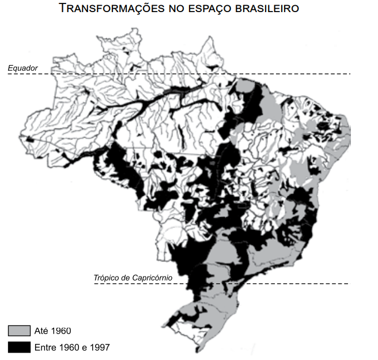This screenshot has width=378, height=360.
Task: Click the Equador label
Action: pyautogui.click(x=22, y=68)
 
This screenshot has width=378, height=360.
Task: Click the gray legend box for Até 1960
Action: pyautogui.click(x=19, y=331)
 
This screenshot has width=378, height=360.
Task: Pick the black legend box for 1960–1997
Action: pyautogui.click(x=19, y=347)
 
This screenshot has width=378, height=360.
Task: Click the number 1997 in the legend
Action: pyautogui.click(x=99, y=347)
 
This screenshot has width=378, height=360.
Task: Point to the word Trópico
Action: pyautogui.click(x=107, y=278)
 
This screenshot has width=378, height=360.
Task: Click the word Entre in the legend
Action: pyautogui.click(x=45, y=347)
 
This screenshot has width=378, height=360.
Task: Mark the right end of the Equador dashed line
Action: pyautogui.click(x=349, y=74)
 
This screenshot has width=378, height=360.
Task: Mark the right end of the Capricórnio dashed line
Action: pyautogui.click(x=349, y=283)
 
